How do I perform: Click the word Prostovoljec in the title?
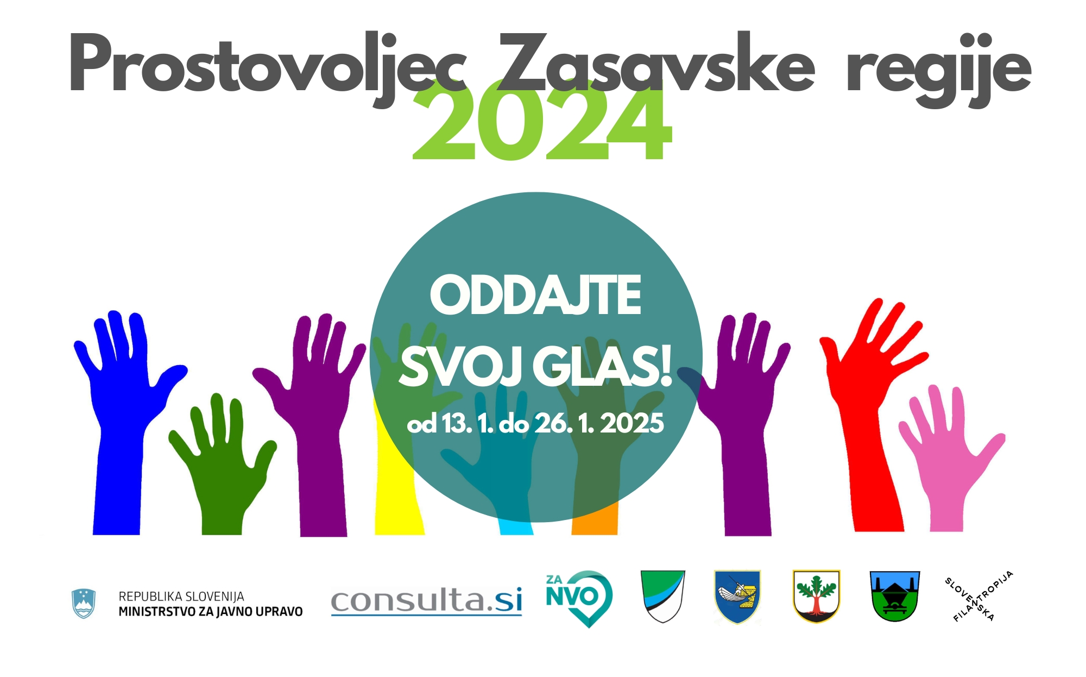[267, 68]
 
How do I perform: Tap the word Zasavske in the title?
[656, 62]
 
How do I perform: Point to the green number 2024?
[542, 121]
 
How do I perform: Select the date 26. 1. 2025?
[599, 423]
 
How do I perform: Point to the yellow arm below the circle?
[396, 489]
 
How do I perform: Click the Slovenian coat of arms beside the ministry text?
[84, 603]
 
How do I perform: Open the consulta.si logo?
[427, 601]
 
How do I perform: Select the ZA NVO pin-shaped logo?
[579, 598]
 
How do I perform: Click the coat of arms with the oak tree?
[816, 596]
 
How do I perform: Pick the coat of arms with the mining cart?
[894, 596]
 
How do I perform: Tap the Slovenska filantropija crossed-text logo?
[979, 596]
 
